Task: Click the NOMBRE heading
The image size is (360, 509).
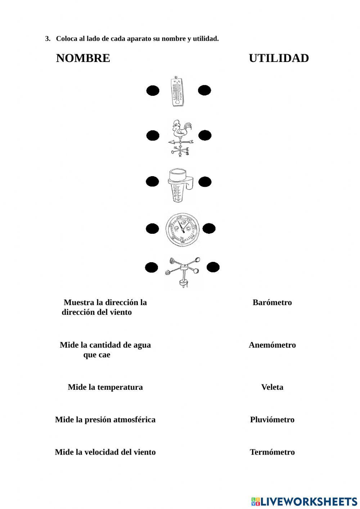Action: tap(83, 58)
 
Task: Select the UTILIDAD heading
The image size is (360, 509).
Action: tap(279, 58)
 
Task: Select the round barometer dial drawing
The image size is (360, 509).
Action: tap(182, 229)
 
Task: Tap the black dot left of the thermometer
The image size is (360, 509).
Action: tap(153, 91)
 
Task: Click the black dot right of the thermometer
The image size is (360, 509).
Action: tap(204, 90)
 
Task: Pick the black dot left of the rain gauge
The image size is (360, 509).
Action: tap(152, 182)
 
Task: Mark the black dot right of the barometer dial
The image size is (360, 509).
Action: tap(209, 228)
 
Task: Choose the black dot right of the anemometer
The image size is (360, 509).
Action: tap(213, 267)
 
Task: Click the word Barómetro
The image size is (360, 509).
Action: tap(272, 303)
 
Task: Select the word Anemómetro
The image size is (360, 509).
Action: tap(272, 345)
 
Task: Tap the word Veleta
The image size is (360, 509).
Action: tap(272, 387)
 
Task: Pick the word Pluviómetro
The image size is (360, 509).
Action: tap(272, 420)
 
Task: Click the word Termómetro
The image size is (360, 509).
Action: tap(272, 452)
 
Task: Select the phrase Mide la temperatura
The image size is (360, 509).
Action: tap(105, 387)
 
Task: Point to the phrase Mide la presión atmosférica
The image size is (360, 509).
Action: tap(105, 420)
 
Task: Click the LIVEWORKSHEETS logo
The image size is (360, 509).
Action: tap(304, 501)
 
